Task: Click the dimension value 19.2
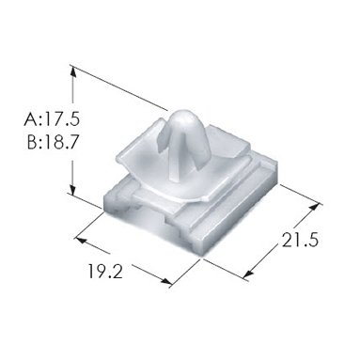coord(105,272)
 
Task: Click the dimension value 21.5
coord(300,240)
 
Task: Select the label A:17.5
coord(52,119)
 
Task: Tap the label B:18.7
coord(52,143)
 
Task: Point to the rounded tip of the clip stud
coord(183,113)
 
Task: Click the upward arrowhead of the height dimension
coord(72,72)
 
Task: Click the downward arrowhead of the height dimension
coord(72,189)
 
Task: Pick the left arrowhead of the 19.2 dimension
coord(81,241)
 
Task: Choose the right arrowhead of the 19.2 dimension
coord(166,281)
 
